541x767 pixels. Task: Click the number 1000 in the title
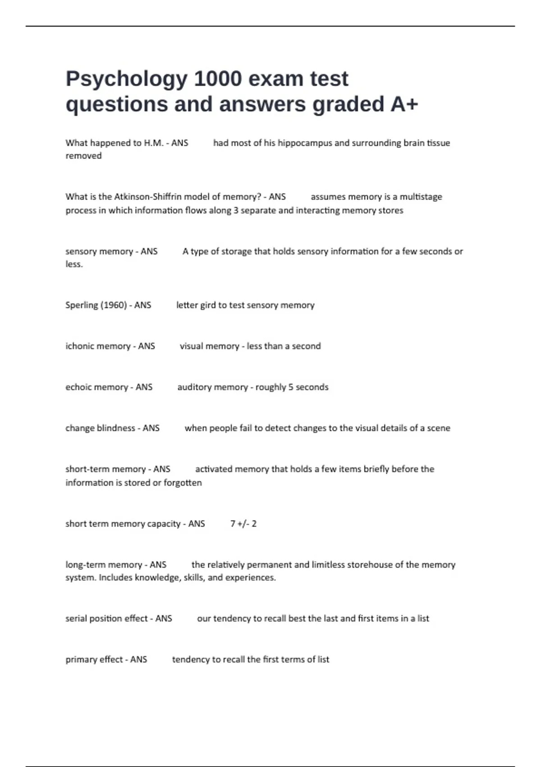pyautogui.click(x=218, y=79)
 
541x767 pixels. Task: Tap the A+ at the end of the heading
pyautogui.click(x=404, y=104)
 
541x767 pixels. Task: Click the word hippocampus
pyautogui.click(x=305, y=143)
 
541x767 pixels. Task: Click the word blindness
pyautogui.click(x=116, y=428)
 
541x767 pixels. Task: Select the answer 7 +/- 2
pyautogui.click(x=243, y=524)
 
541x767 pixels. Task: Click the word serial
pyautogui.click(x=76, y=619)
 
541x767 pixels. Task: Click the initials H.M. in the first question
pyautogui.click(x=153, y=143)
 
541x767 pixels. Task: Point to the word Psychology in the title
pyautogui.click(x=127, y=79)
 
